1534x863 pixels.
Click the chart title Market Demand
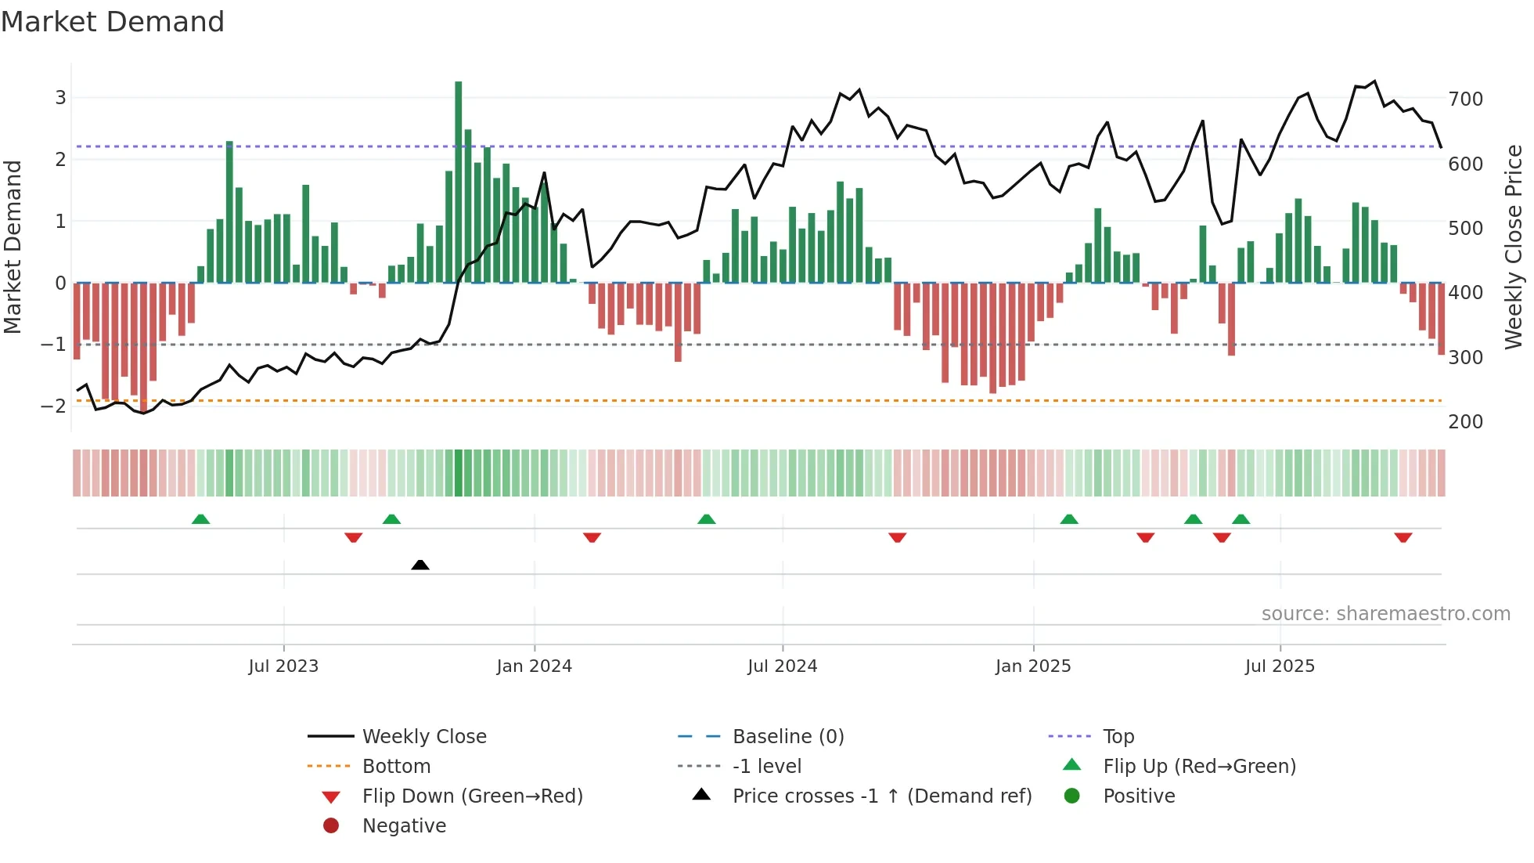(113, 22)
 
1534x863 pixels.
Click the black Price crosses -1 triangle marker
(420, 565)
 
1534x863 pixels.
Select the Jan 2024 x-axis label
(534, 666)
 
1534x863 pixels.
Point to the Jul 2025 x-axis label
(1280, 666)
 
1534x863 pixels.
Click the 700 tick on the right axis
(1465, 99)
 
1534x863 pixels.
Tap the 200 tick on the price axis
(1465, 422)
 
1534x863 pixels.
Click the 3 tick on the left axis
(60, 98)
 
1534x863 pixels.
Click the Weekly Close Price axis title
(1514, 247)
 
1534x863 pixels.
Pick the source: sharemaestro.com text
(1385, 614)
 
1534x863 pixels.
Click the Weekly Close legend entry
(423, 737)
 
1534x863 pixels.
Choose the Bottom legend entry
(396, 767)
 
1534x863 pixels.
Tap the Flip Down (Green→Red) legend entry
(472, 796)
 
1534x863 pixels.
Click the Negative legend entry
(404, 826)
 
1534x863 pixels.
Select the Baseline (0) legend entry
(787, 737)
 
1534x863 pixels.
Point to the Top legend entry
(1118, 737)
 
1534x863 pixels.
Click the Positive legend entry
(1138, 796)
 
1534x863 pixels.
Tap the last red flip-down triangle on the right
(1403, 537)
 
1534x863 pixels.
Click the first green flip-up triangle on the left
(201, 519)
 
